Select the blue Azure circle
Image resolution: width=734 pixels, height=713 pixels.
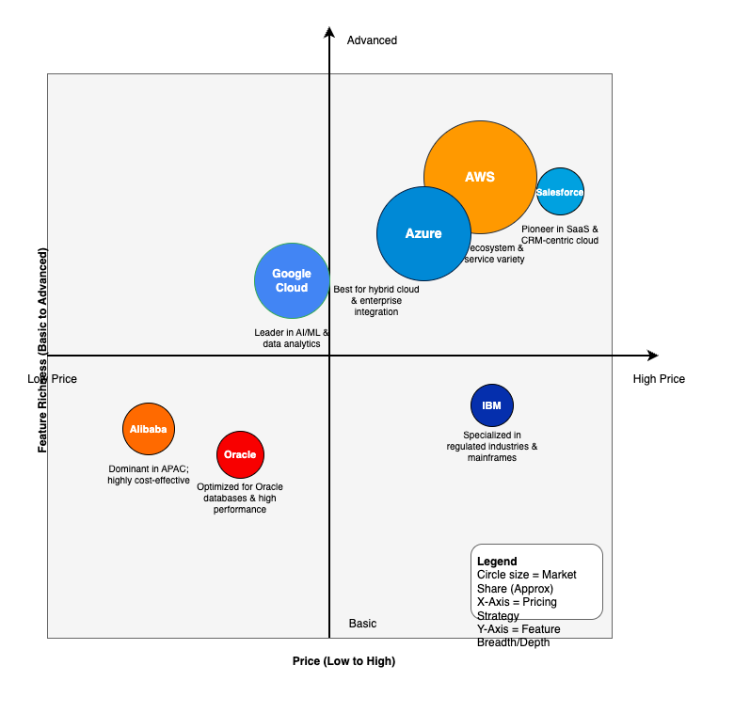[423, 233]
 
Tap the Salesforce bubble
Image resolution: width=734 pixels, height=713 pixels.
[560, 192]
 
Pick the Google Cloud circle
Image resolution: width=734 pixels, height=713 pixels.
[292, 280]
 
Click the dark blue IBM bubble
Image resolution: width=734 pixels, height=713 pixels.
[492, 405]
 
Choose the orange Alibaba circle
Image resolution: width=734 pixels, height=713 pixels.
[149, 429]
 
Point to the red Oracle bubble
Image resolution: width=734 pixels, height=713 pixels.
[240, 454]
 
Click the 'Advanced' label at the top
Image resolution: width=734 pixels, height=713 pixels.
[372, 40]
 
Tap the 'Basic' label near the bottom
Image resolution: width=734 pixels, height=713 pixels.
[362, 624]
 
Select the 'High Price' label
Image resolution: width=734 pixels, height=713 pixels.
[659, 379]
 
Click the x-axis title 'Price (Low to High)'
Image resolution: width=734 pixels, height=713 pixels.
[343, 661]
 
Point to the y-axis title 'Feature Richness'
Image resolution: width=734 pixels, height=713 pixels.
[42, 350]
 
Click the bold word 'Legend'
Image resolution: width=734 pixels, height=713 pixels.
[497, 562]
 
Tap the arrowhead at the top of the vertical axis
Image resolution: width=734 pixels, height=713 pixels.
[329, 33]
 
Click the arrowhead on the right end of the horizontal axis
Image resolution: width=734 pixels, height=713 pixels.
[652, 356]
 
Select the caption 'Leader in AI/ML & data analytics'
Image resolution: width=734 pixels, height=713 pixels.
[292, 339]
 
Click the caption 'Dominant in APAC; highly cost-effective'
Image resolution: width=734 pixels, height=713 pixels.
[149, 474]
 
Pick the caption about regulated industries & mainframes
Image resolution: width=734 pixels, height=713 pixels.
[492, 447]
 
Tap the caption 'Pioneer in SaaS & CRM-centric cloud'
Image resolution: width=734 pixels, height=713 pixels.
[559, 234]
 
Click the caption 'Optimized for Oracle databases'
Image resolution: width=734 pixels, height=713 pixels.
[240, 498]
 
